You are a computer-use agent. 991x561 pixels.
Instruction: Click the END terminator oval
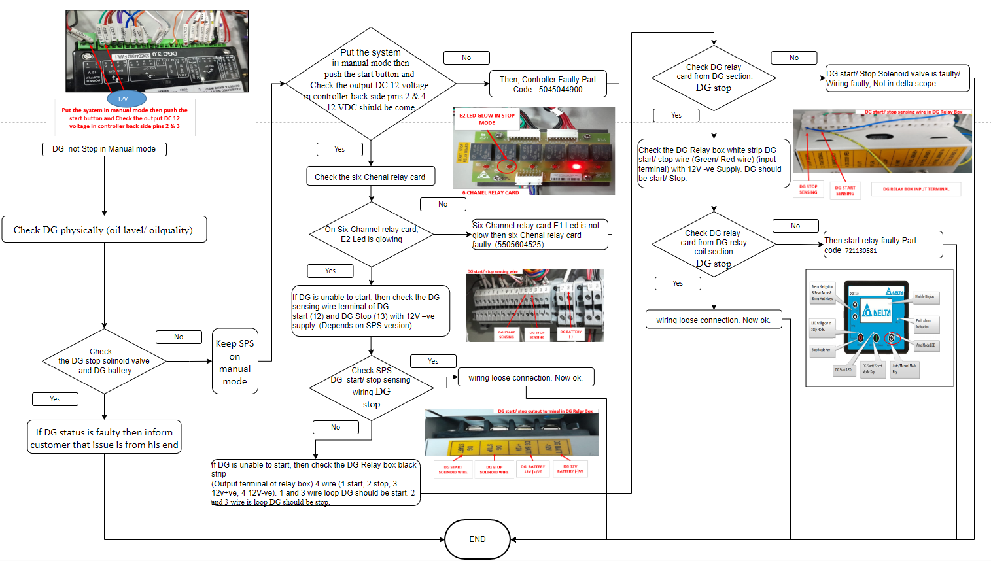tap(478, 539)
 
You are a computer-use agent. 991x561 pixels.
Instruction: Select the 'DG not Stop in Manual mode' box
tap(105, 149)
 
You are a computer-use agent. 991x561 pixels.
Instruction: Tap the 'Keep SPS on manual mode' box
tap(235, 362)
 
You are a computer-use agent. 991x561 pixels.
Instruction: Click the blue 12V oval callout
tap(122, 99)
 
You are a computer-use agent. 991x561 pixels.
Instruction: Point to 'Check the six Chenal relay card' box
tap(370, 177)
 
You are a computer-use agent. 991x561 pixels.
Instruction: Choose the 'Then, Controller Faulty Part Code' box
tap(548, 84)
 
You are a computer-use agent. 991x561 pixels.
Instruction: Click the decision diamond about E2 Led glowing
tap(372, 234)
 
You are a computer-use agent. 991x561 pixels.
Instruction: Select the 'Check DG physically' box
tap(104, 229)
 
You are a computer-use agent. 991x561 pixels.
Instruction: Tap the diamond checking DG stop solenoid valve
tap(104, 361)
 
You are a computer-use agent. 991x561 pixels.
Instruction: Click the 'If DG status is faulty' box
tap(104, 437)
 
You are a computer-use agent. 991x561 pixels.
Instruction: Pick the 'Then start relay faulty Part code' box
tap(882, 245)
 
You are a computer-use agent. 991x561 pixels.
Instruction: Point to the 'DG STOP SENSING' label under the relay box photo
tap(808, 190)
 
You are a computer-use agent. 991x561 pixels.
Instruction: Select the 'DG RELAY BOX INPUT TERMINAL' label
tap(916, 189)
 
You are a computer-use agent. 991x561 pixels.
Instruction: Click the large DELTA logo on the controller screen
tap(877, 311)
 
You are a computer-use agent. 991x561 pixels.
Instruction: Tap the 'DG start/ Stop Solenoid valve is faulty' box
tap(897, 78)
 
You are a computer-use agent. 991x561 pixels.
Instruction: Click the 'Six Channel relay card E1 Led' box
tap(540, 235)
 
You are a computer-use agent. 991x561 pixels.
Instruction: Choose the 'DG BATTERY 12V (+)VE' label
tap(532, 469)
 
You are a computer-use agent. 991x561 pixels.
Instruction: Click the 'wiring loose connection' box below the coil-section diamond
tap(713, 320)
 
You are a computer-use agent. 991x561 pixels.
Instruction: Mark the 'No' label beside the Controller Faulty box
tap(466, 58)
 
